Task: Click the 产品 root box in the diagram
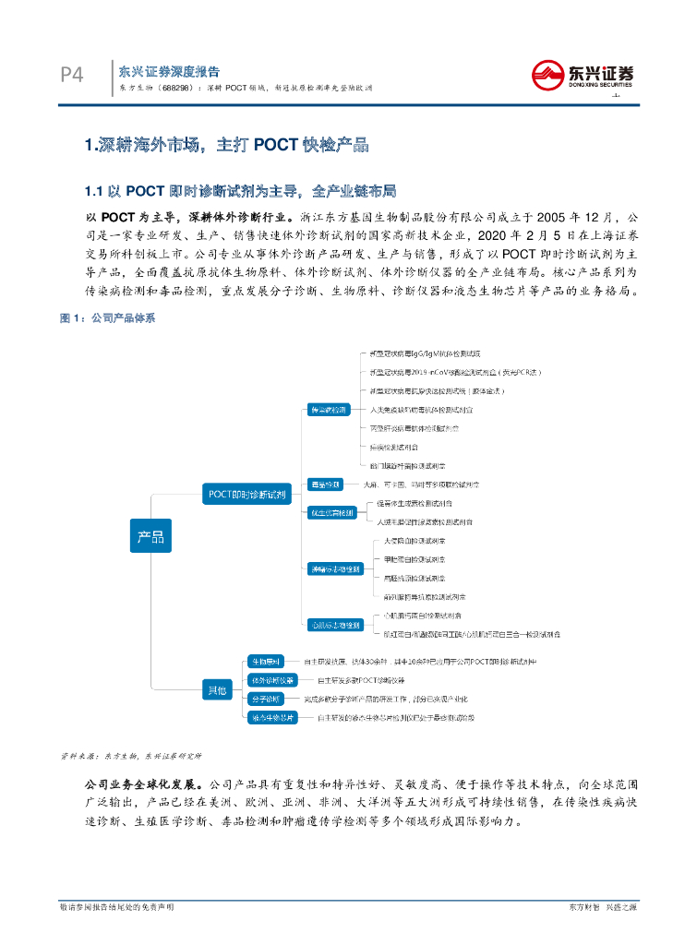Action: click(150, 536)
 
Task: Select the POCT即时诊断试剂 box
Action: click(246, 494)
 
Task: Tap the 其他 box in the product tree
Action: click(216, 688)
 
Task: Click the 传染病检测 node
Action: click(327, 410)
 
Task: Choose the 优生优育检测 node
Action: click(330, 512)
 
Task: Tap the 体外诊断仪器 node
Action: click(271, 680)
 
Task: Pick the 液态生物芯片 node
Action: click(271, 717)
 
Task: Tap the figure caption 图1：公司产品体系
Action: click(107, 317)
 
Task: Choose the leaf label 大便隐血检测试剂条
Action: click(414, 541)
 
